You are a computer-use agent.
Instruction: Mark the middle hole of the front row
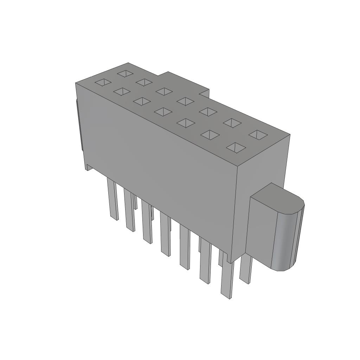[x=163, y=112]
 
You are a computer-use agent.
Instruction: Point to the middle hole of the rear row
[x=185, y=101]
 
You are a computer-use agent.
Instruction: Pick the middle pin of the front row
[x=165, y=234]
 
